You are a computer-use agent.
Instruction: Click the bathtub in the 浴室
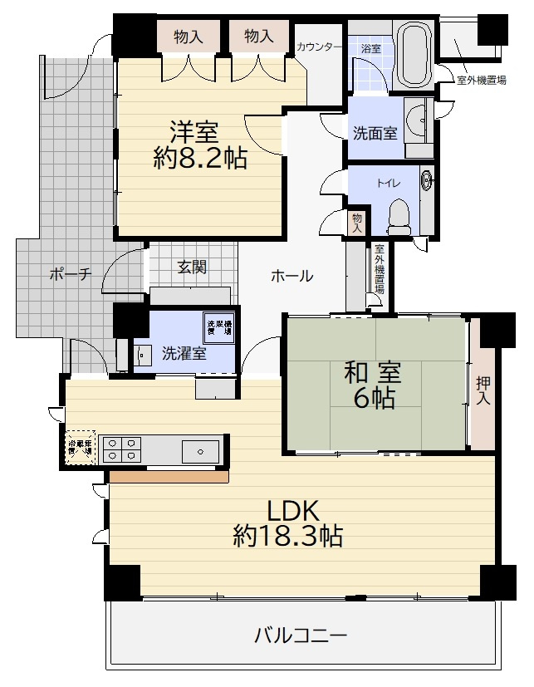(413, 56)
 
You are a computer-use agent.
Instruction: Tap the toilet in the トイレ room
(399, 214)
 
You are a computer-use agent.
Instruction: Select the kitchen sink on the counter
(200, 451)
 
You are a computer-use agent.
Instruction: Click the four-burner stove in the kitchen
(122, 449)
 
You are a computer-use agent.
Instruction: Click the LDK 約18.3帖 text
(287, 523)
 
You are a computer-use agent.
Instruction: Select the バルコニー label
(300, 636)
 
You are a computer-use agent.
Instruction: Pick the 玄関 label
(191, 267)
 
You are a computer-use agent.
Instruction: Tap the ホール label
(291, 276)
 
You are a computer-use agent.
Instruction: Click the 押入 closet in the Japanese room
(483, 390)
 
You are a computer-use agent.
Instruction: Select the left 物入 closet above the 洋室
(189, 36)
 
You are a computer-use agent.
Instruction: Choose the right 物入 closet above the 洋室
(260, 36)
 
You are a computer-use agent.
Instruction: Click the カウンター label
(318, 47)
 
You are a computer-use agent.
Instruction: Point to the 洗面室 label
(375, 132)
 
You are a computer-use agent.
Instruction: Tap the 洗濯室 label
(184, 353)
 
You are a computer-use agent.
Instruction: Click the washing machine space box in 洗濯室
(219, 326)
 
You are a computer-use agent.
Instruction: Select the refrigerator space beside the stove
(82, 448)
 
